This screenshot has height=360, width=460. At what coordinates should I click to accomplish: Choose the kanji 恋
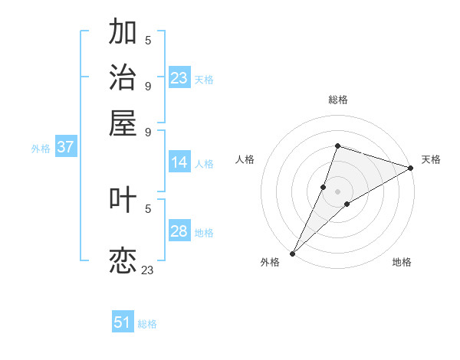[123, 260]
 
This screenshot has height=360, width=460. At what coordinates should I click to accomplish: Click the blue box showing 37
[65, 147]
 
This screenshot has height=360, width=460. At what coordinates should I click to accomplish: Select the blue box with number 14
[179, 162]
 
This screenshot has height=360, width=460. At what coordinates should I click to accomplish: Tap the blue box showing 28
[179, 231]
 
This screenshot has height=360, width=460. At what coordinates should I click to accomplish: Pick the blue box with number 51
[123, 322]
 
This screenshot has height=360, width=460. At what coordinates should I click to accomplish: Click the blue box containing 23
[179, 78]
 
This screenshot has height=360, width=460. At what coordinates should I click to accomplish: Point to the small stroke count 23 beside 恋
[147, 270]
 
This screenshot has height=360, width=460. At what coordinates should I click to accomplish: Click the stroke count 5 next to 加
[148, 40]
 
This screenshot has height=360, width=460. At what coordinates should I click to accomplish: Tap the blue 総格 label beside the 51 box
[147, 324]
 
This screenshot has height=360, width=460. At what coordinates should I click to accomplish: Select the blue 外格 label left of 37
[41, 149]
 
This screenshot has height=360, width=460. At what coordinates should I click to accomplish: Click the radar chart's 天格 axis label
[431, 160]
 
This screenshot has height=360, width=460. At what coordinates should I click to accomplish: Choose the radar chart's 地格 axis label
[402, 262]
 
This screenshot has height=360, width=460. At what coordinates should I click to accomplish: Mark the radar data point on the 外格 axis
[292, 253]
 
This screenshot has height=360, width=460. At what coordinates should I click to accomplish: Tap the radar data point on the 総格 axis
[337, 146]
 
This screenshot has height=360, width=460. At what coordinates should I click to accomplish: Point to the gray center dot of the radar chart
[337, 191]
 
